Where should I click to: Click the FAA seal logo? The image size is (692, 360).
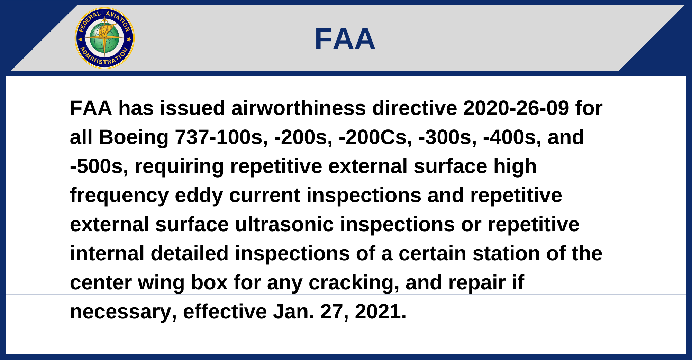(x=104, y=38)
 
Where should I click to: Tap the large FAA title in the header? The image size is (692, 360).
(x=345, y=39)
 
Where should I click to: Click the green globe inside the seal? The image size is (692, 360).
(x=104, y=38)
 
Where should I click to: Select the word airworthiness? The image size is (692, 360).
(x=299, y=108)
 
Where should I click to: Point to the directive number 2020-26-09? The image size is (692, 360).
(x=516, y=108)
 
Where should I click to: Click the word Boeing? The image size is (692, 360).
(x=134, y=137)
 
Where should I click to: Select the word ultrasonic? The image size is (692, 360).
(x=284, y=225)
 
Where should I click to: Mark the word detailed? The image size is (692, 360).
(x=190, y=254)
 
